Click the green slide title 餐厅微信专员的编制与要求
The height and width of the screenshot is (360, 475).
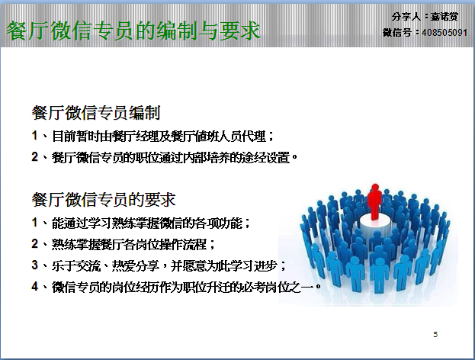[133, 31]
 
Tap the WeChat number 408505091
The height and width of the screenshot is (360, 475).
[445, 33]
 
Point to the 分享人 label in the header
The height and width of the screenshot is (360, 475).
[406, 17]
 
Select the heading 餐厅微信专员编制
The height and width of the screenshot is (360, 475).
[96, 113]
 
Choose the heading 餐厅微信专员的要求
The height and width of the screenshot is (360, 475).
[104, 200]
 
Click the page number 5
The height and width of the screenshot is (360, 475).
[435, 335]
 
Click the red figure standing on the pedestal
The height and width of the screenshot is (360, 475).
[374, 202]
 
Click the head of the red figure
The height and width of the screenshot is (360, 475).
[375, 187]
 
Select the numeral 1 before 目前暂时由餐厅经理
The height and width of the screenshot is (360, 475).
[35, 136]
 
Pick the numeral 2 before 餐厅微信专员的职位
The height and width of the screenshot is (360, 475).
[35, 157]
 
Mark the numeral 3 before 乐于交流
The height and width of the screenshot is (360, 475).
[35, 265]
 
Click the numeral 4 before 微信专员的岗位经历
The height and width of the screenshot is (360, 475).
[35, 286]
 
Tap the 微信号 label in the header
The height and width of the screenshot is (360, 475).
[396, 33]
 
